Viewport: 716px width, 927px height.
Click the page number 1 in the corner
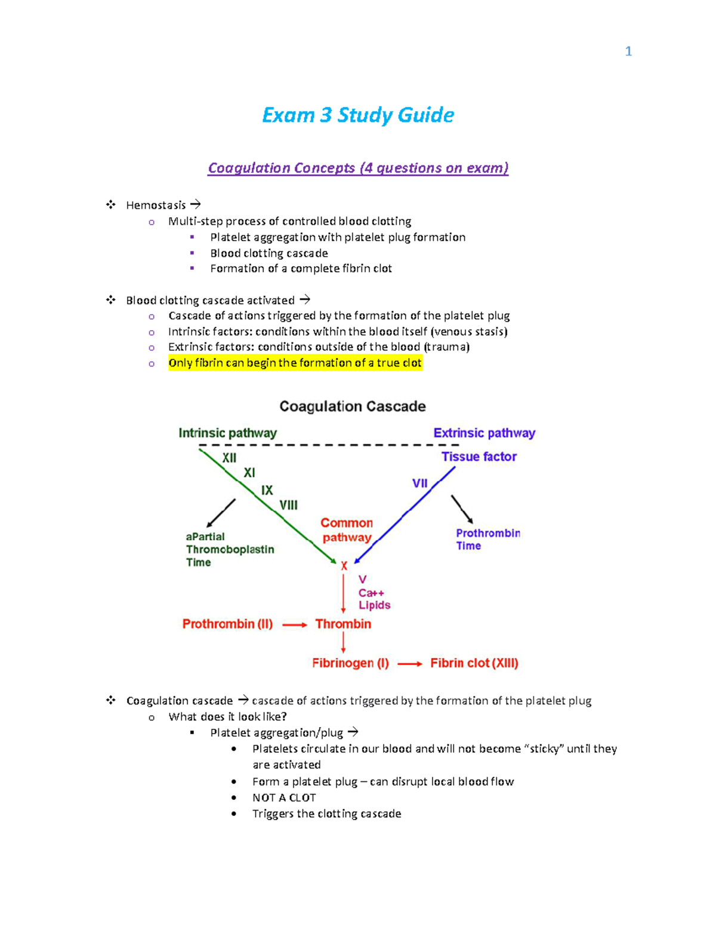click(x=628, y=51)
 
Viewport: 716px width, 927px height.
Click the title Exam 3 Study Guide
click(x=358, y=115)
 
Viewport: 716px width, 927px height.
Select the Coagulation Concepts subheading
click(x=358, y=168)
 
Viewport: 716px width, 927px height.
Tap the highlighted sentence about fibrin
click(x=295, y=363)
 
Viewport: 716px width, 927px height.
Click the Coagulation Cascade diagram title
click(x=353, y=406)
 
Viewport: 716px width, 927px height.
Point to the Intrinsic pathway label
click(x=227, y=433)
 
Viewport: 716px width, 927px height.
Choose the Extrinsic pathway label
click(x=484, y=433)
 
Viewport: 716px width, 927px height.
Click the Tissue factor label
click(x=479, y=457)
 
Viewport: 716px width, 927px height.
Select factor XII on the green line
click(x=229, y=458)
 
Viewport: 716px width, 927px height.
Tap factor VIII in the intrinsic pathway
click(x=288, y=505)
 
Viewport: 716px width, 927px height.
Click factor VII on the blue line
click(x=420, y=483)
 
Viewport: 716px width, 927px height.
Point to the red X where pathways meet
click(x=344, y=565)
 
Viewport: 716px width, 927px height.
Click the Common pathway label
click(x=347, y=530)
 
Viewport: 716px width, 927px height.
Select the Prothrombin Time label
click(x=487, y=539)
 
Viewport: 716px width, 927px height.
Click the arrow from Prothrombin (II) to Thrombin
click(x=294, y=625)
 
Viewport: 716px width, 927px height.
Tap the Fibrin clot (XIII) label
click(x=474, y=663)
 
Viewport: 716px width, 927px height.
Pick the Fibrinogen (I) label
click(x=350, y=663)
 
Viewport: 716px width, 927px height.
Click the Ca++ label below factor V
click(x=371, y=593)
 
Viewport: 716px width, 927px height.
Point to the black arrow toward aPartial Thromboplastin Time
click(x=220, y=513)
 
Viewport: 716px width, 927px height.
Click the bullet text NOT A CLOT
click(x=284, y=797)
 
